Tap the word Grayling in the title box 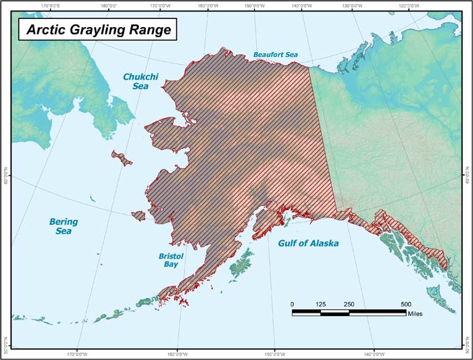coord(97,30)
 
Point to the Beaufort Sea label coord(275,54)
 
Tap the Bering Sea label coord(64,226)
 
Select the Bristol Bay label coord(172,261)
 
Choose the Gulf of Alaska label coord(308,243)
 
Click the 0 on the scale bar coord(293,305)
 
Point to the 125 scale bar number coord(321,305)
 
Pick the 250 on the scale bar coord(349,305)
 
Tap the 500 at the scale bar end coord(405,305)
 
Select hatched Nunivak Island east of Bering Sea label coord(138,216)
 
